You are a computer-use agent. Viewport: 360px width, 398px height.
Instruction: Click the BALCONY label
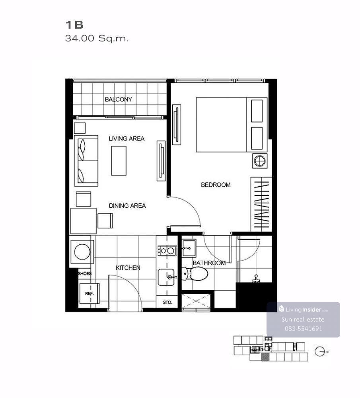pos(119,99)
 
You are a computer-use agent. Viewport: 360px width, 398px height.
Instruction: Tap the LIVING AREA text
pos(126,139)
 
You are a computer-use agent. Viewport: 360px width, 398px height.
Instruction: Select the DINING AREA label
pos(127,206)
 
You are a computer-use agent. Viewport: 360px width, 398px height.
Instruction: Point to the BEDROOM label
pos(216,185)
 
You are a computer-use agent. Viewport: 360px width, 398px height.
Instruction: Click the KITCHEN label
pos(128,268)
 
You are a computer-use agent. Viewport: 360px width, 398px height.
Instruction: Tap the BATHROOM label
pos(209,263)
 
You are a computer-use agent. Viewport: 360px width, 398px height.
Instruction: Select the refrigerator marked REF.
pos(89,293)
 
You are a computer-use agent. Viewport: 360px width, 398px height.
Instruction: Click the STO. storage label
pos(167,302)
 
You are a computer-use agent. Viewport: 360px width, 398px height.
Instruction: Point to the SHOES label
pos(85,274)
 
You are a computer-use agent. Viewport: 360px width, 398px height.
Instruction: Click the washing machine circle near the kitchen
pos(82,252)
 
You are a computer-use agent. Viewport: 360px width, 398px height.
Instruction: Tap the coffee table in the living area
pos(119,161)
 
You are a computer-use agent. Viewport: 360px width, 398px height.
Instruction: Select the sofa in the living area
pos(86,161)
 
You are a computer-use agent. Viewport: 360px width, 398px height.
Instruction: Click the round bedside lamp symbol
pos(260,161)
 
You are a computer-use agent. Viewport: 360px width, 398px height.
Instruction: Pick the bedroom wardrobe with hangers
pos(261,204)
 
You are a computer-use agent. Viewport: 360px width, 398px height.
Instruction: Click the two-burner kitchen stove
pos(167,251)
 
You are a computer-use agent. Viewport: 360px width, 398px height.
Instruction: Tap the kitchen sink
pos(166,277)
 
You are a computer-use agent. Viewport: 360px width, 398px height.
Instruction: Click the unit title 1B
pos(74,25)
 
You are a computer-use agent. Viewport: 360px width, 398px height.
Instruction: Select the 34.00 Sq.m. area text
pos(97,38)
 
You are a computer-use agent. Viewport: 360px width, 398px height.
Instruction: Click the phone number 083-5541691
pos(303,329)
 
